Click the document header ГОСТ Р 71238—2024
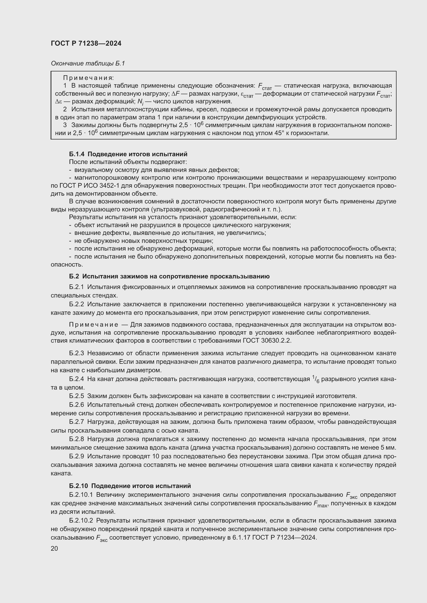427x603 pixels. pyautogui.click(x=86, y=44)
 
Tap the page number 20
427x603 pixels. pyautogui.click(x=54, y=548)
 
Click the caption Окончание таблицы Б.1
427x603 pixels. pyautogui.click(x=88, y=64)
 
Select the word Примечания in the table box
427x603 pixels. pyautogui.click(x=88, y=78)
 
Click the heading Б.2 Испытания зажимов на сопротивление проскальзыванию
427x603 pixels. pyautogui.click(x=169, y=276)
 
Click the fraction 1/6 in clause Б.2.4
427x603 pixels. pyautogui.click(x=315, y=379)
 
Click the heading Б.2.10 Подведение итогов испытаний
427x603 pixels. pyautogui.click(x=130, y=486)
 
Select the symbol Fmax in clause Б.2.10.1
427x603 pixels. pyautogui.click(x=320, y=504)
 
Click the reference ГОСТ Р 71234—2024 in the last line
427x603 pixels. pyautogui.click(x=284, y=538)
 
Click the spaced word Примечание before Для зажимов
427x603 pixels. pyautogui.click(x=93, y=325)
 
